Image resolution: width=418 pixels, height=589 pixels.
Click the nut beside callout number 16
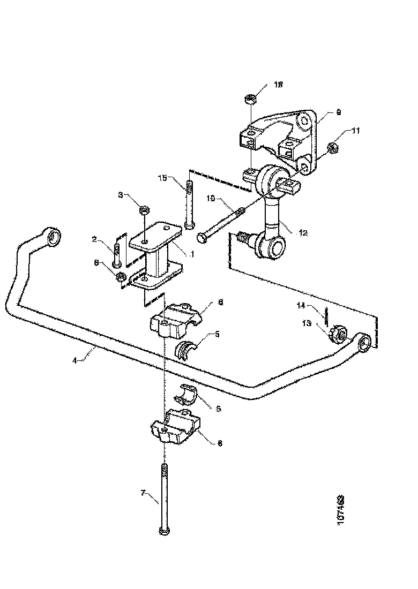[x=249, y=99]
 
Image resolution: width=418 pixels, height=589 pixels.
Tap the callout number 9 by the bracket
[x=338, y=112]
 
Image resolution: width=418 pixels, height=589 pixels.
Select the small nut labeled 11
[x=332, y=146]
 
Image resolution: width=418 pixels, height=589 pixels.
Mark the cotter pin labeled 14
[x=326, y=315]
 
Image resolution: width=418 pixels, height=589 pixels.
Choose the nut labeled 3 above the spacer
[x=145, y=210]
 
